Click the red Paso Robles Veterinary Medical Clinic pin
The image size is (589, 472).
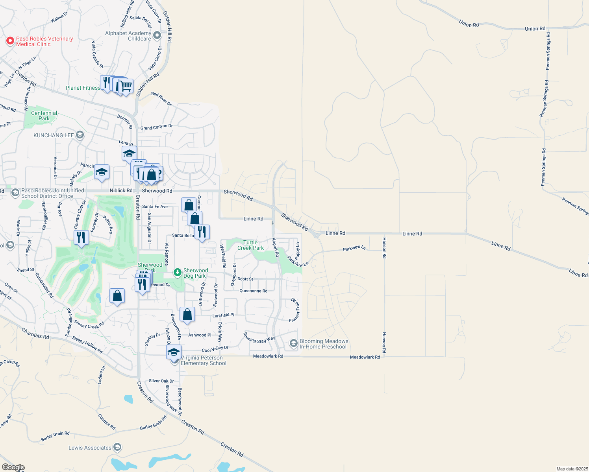(10, 41)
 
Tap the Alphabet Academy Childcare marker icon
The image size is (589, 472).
(157, 36)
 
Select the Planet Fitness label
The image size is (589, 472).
(83, 88)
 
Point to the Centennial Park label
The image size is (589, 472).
(44, 116)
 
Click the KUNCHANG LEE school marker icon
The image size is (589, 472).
(80, 135)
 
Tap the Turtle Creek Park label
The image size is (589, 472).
(251, 245)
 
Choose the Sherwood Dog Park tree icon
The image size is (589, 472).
(178, 272)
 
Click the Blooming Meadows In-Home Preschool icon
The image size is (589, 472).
(293, 343)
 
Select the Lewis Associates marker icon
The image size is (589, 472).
(117, 447)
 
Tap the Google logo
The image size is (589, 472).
(13, 467)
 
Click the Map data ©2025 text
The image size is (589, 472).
(572, 469)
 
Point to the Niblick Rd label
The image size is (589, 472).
(121, 190)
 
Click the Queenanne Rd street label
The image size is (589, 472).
(253, 291)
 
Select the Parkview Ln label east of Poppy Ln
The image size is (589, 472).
(354, 249)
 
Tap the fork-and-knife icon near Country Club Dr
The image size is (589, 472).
(81, 237)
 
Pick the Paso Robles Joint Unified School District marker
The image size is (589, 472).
(15, 193)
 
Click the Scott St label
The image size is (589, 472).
(245, 279)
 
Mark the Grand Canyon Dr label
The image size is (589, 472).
(157, 127)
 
